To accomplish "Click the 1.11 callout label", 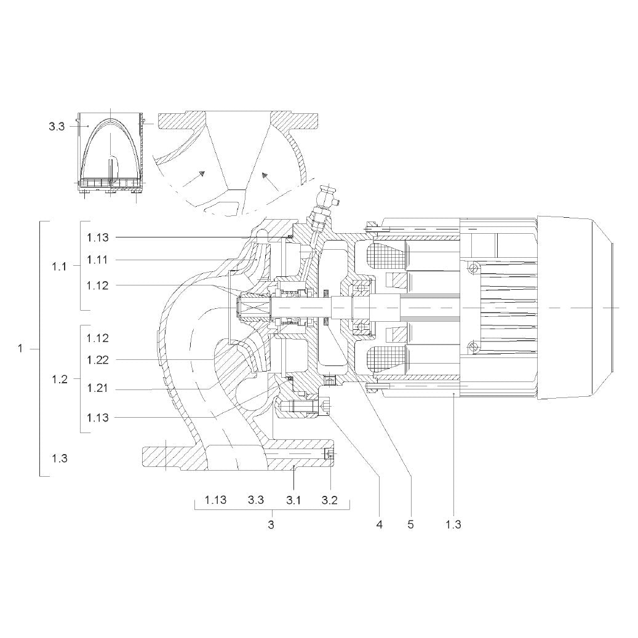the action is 98,260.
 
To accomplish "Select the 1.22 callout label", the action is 98,360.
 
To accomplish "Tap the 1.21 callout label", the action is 98,388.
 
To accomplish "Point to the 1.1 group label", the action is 60,267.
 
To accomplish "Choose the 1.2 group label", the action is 60,380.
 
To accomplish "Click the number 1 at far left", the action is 20,349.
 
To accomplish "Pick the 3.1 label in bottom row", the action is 293,500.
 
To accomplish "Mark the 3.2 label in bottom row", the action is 330,500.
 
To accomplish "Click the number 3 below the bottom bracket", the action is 271,525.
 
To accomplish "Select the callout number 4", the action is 380,525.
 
